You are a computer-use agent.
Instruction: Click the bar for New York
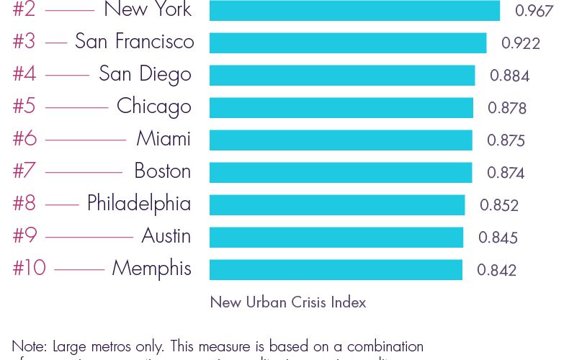point(354,11)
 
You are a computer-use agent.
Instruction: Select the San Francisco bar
point(348,42)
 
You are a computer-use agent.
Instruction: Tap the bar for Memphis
point(336,269)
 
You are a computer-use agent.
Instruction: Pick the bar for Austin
point(336,237)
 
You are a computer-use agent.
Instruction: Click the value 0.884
point(509,76)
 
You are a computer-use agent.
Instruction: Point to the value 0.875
point(506,140)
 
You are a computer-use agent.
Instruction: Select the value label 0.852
point(499,205)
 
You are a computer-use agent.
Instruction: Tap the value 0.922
point(521,43)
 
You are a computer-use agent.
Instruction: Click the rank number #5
point(24,107)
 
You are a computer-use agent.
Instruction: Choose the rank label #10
point(29,269)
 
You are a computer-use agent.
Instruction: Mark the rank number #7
point(24,171)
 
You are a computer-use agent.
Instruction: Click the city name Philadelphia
point(139,204)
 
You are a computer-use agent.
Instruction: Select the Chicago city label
point(154,107)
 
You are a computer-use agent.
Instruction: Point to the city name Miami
point(164,139)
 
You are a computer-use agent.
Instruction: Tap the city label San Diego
point(145,74)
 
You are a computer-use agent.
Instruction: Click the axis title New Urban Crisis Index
point(288,302)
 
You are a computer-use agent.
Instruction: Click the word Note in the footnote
point(29,346)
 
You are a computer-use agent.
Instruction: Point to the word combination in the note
point(377,346)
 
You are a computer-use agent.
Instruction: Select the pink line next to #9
point(89,236)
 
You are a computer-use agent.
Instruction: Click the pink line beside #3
point(55,42)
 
